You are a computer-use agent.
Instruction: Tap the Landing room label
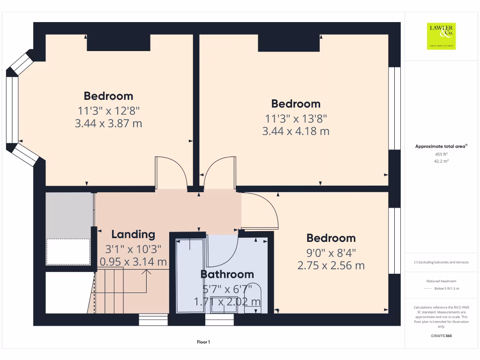tap(133, 234)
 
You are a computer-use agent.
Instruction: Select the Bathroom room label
tap(227, 274)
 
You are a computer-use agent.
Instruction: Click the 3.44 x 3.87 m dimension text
tap(108, 124)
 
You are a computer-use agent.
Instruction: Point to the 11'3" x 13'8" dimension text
tap(296, 119)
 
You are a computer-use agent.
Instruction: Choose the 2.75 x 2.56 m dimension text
tap(331, 266)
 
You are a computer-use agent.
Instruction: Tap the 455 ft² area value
tap(441, 154)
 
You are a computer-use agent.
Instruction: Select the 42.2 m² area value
tap(441, 161)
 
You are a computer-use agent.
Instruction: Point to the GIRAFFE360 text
tap(441, 336)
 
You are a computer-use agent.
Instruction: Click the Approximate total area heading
tap(441, 146)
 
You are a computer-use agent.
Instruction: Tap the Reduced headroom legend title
tap(441, 281)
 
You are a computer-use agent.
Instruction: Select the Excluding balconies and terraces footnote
tap(441, 262)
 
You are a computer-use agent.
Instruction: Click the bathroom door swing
tap(223, 251)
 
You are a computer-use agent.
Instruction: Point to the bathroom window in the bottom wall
tap(219, 320)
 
